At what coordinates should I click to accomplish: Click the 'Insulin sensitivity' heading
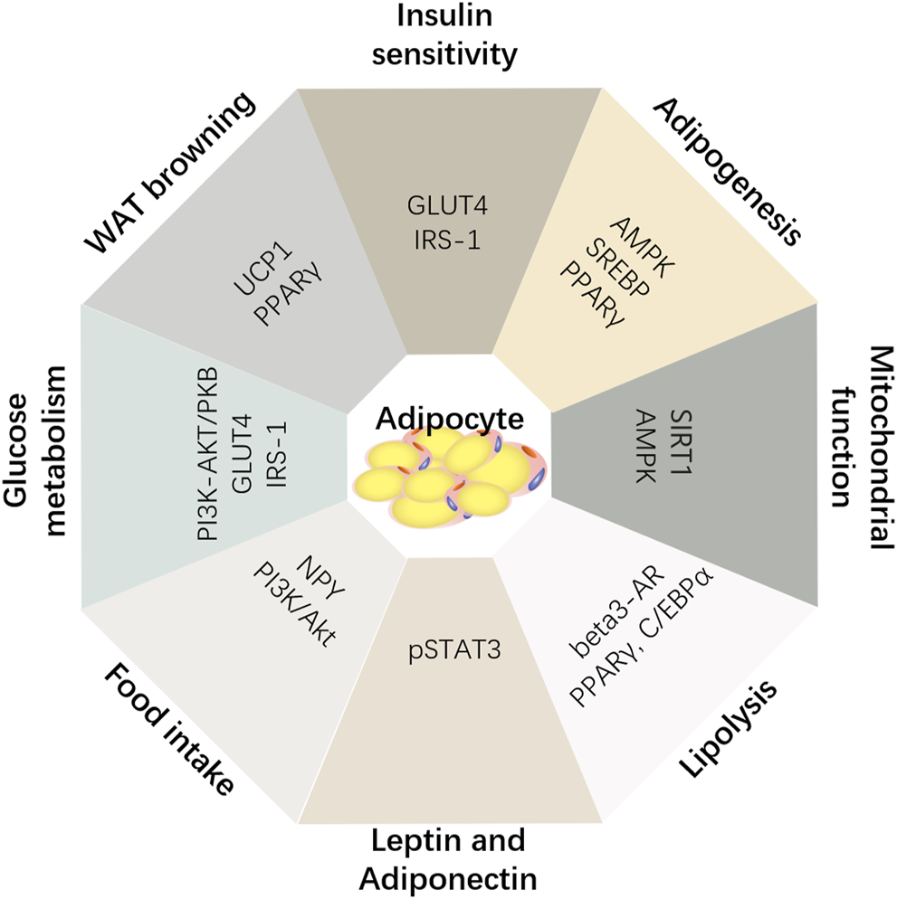449,34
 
